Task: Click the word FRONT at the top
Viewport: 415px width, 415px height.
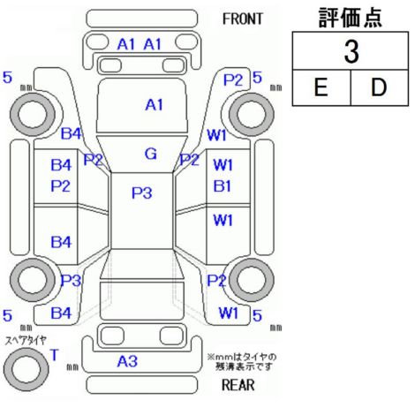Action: click(242, 19)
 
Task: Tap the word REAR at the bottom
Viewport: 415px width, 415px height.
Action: click(238, 385)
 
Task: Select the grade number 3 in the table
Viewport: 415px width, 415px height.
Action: click(351, 52)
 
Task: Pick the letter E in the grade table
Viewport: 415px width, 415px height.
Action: click(321, 87)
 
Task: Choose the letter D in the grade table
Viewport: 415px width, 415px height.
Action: click(378, 87)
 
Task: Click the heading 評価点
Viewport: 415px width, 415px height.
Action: click(351, 18)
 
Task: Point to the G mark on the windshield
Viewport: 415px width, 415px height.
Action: click(151, 154)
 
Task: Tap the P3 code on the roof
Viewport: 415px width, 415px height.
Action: click(141, 193)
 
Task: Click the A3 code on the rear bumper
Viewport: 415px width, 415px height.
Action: click(127, 361)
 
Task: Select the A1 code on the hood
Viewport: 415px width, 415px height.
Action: click(154, 105)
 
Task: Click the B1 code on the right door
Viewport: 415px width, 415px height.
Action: click(223, 186)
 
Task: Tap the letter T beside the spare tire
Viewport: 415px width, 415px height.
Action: click(55, 355)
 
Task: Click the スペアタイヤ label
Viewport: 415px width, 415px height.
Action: click(26, 341)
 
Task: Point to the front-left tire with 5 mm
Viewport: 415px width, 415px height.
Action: click(33, 114)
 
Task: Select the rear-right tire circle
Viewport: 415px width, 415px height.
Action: click(252, 280)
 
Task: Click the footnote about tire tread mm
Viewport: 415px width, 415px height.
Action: click(242, 362)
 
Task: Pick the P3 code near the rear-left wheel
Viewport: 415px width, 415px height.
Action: click(71, 280)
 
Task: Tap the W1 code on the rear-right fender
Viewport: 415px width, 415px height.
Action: click(229, 313)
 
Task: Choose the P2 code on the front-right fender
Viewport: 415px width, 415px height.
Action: click(233, 80)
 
